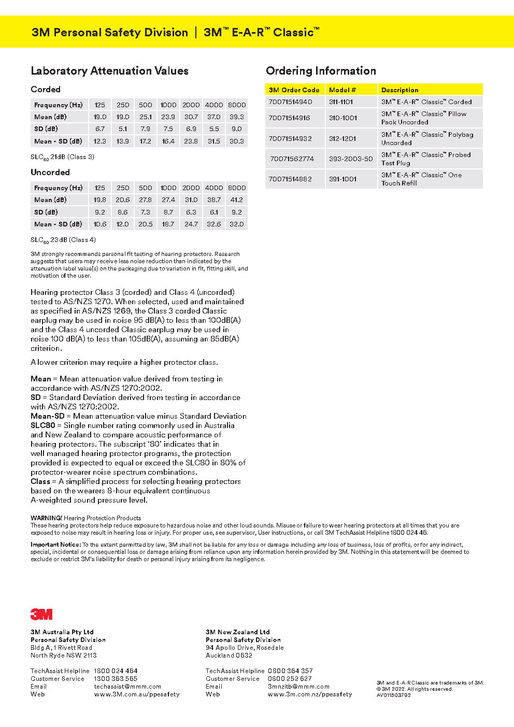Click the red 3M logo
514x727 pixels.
click(x=41, y=614)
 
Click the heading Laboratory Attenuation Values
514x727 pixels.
click(x=109, y=71)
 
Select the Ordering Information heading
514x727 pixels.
click(x=321, y=71)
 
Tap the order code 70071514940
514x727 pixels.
click(x=290, y=102)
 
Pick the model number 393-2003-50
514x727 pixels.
click(x=351, y=159)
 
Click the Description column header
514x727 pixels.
click(x=399, y=90)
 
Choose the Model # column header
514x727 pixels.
click(x=342, y=90)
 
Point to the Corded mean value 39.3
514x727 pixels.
click(x=236, y=117)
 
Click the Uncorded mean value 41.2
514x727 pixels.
click(x=236, y=200)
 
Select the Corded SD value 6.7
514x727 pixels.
click(x=100, y=129)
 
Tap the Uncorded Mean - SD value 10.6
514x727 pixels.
click(x=100, y=224)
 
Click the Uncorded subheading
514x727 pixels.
click(x=50, y=172)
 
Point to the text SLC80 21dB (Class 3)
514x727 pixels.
click(x=62, y=157)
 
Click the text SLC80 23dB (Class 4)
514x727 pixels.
click(x=63, y=240)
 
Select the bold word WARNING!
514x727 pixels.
click(x=46, y=518)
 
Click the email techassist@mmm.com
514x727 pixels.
click(x=127, y=687)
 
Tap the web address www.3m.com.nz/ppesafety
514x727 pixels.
click(x=310, y=694)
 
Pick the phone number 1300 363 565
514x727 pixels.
click(x=116, y=679)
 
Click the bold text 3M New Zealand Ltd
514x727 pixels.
click(x=237, y=632)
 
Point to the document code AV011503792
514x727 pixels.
click(x=393, y=695)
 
